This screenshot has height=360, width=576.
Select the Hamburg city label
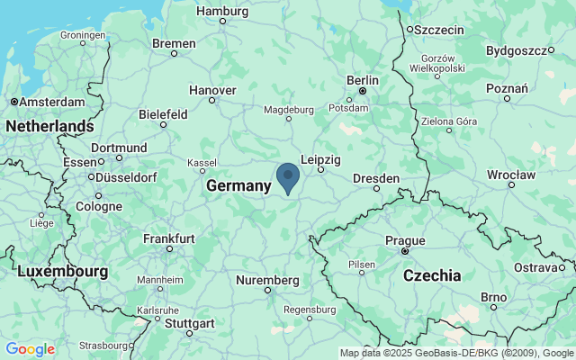pos(221,12)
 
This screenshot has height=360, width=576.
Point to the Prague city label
pos(405,240)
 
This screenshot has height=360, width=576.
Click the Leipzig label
pos(320,159)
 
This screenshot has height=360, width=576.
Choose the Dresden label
pos(375,178)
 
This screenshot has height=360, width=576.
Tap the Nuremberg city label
pos(267,280)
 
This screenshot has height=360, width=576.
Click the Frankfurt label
pos(168,238)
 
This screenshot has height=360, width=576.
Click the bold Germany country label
pos(238,185)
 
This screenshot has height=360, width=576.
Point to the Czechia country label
pos(432,274)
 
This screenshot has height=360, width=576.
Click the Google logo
pos(30,349)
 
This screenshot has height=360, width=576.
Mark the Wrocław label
pos(511,173)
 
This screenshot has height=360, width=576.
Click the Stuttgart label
pos(189,323)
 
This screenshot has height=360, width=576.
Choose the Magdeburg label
pos(288,110)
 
